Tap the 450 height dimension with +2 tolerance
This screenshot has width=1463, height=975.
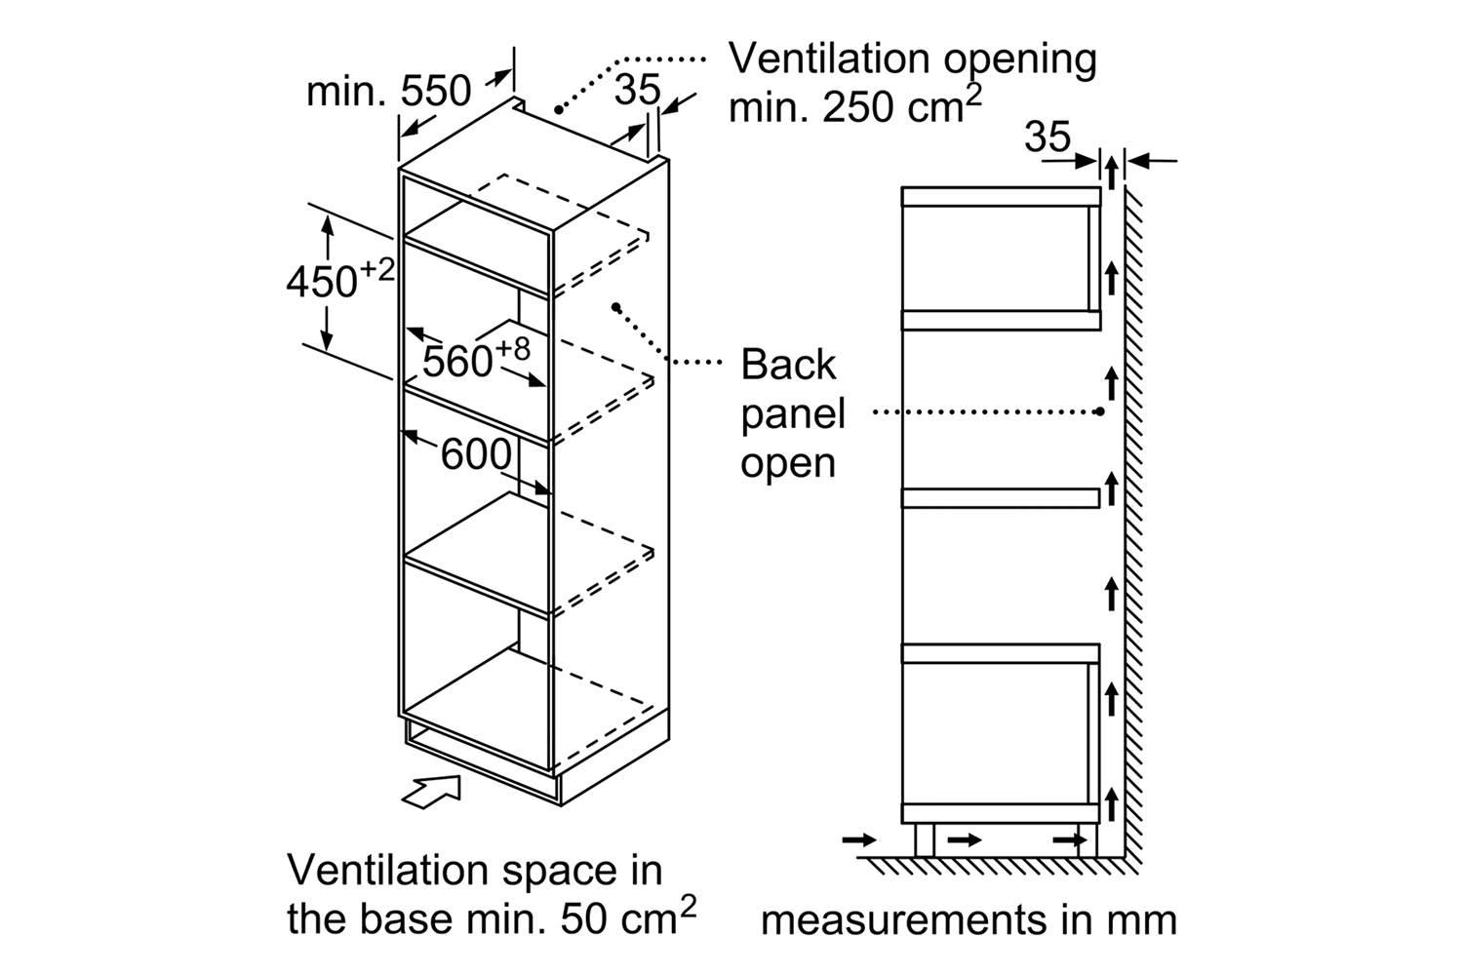tap(340, 280)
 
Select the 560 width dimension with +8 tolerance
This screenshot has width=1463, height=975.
tap(476, 359)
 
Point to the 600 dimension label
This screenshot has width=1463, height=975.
tap(476, 454)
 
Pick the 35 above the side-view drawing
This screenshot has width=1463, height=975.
tap(1048, 136)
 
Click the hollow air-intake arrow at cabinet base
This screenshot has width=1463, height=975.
tap(431, 792)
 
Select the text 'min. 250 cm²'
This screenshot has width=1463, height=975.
tap(855, 104)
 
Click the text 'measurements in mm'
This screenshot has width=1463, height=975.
tap(969, 919)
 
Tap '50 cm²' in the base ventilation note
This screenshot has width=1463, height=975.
tap(628, 916)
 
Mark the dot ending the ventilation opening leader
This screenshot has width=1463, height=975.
tap(559, 110)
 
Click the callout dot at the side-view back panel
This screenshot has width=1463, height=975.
tap(1100, 411)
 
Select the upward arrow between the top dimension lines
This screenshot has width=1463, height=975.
tap(1112, 168)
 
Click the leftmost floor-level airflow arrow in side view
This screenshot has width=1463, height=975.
tap(859, 839)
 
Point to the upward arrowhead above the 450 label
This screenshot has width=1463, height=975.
tap(327, 225)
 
